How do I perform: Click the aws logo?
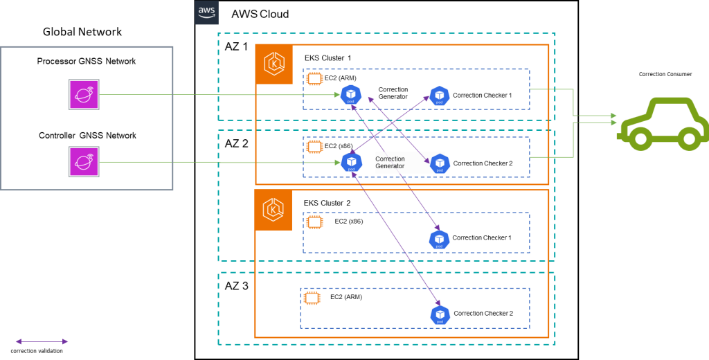pyautogui.click(x=206, y=12)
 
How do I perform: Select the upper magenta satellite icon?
pyautogui.click(x=84, y=94)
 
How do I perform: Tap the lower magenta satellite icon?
pyautogui.click(x=84, y=161)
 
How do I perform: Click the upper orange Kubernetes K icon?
pyautogui.click(x=274, y=64)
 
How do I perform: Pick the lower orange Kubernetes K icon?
pyautogui.click(x=273, y=210)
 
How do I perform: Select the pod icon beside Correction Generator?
pyautogui.click(x=440, y=164)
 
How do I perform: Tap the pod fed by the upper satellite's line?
pyautogui.click(x=351, y=95)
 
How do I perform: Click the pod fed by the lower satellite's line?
pyautogui.click(x=351, y=163)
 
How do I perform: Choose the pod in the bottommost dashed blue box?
pyautogui.click(x=440, y=315)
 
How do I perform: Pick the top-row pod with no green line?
pyautogui.click(x=440, y=96)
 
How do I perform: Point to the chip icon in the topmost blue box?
pyautogui.click(x=315, y=80)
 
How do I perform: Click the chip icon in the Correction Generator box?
pyautogui.click(x=315, y=147)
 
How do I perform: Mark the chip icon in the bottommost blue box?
pyautogui.click(x=312, y=298)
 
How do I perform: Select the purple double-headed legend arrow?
pyautogui.click(x=42, y=341)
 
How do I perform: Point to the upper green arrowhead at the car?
pyautogui.click(x=613, y=116)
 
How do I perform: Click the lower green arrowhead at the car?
pyautogui.click(x=613, y=123)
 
